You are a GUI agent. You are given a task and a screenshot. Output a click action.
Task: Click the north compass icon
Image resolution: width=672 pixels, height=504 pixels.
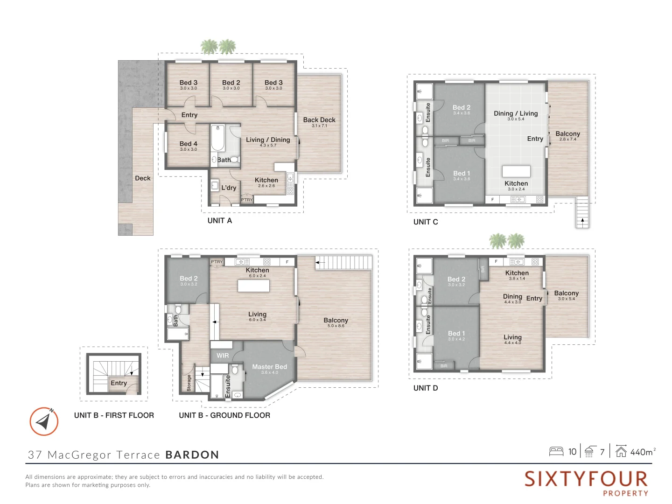[44, 421]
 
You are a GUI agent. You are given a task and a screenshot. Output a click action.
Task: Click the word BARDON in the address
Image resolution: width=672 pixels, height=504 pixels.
[192, 455]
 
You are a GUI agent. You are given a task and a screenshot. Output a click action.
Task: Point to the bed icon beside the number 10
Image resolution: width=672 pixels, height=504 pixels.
[556, 451]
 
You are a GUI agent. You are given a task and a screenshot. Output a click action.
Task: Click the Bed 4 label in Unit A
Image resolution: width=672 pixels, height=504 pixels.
[189, 144]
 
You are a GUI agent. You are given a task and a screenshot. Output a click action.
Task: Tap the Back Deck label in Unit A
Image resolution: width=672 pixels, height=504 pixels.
[319, 120]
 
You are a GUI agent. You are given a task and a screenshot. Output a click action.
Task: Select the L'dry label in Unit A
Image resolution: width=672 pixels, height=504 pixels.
[229, 188]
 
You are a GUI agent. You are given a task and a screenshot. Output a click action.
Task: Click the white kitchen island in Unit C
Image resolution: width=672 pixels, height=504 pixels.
[516, 171]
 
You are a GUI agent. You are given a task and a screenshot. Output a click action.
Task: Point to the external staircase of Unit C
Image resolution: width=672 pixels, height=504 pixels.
[582, 212]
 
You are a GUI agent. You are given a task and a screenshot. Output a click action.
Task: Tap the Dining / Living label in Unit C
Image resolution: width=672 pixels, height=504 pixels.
[516, 113]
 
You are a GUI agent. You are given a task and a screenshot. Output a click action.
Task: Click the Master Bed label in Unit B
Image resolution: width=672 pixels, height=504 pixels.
[269, 367]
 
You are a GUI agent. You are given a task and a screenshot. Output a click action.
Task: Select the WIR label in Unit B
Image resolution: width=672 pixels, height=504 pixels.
[223, 356]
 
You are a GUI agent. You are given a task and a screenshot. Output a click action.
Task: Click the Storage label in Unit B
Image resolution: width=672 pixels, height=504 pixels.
[189, 383]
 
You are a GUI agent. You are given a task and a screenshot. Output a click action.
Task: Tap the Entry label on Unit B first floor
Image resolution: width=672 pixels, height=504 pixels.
[119, 383]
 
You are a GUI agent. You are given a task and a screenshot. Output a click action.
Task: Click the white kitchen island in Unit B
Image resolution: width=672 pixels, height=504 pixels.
[253, 286]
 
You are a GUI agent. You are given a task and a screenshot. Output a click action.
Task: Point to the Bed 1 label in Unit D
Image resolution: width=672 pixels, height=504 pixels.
[456, 333]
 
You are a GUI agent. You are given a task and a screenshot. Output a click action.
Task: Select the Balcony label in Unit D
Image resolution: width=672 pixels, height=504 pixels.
[566, 293]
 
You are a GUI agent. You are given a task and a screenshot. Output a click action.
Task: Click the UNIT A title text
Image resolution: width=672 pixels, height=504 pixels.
[219, 221]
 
